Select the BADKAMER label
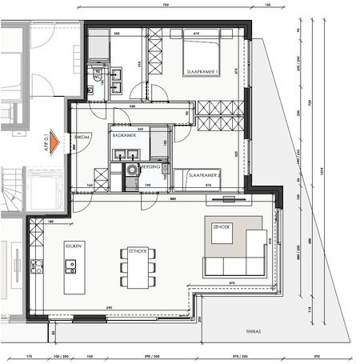point(124,137)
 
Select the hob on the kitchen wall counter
point(35,266)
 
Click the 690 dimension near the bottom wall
point(110,307)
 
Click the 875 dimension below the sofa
point(231,282)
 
